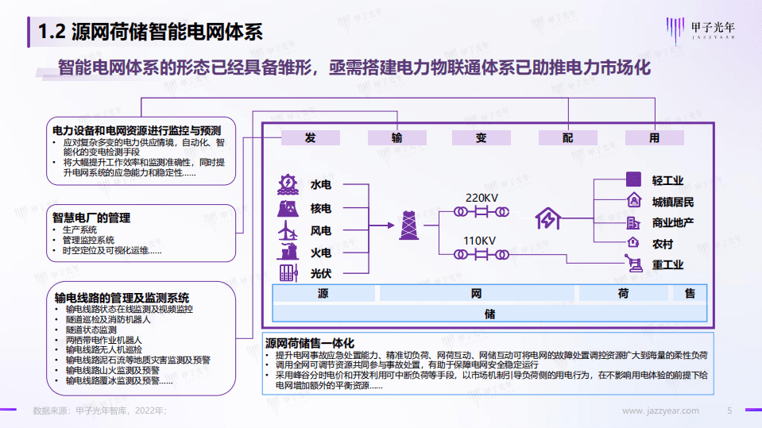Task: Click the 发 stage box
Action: coord(310,137)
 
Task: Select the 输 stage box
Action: coord(396,137)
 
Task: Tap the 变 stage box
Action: coord(481,137)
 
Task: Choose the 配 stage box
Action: coord(567,137)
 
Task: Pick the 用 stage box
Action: coord(654,137)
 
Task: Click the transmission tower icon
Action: coord(409,224)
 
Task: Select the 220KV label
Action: coord(481,197)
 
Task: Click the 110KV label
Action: coord(481,241)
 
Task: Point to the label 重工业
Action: coord(667,264)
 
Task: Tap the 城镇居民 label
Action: coord(672,202)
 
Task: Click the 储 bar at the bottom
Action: coord(489,314)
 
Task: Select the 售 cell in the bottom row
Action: coord(690,294)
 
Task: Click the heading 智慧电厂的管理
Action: coord(91,218)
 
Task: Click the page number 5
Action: coord(729,411)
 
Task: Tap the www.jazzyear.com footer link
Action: coord(660,411)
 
